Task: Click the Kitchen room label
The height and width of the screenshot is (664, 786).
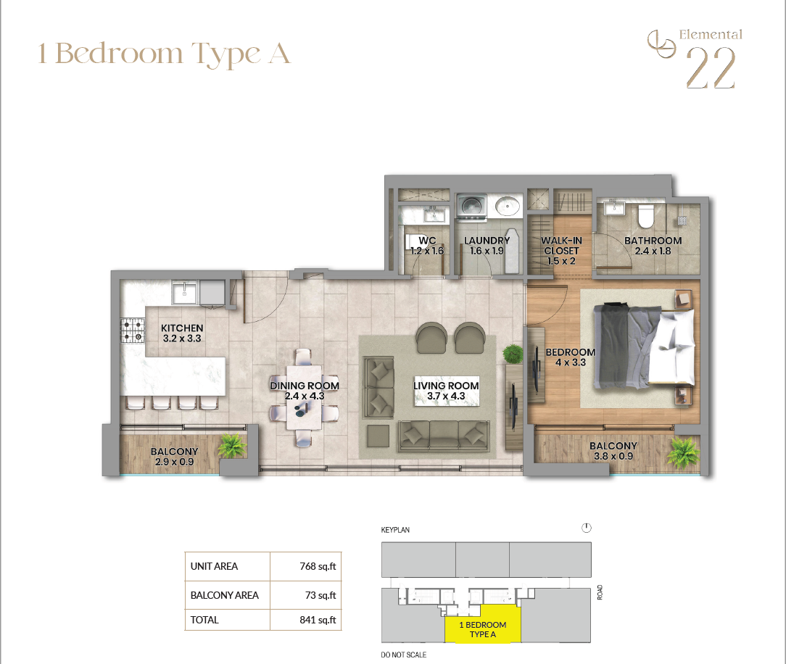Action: coord(182,333)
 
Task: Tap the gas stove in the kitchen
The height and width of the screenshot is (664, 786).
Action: coord(133,331)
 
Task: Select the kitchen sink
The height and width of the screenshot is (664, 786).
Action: coord(184,293)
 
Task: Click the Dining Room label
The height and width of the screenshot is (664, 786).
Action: coord(305,391)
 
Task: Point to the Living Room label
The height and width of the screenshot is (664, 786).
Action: coord(446,391)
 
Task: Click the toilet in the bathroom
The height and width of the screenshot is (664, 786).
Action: coord(646,215)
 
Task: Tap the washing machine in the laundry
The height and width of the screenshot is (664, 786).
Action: coord(472,207)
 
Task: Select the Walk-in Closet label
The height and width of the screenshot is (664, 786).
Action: coord(561,251)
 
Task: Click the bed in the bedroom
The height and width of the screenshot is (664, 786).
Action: coord(644,346)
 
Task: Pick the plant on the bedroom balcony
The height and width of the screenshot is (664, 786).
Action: coord(683,452)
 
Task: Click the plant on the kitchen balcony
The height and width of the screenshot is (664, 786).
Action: coord(232,446)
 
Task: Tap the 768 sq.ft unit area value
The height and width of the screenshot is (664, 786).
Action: coord(318,566)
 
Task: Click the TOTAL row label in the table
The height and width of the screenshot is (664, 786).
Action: coord(204,620)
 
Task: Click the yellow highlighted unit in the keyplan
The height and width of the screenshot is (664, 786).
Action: coord(483,624)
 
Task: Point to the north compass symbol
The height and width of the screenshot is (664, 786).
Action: coord(587,528)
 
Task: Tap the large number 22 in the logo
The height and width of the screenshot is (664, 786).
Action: coord(711,68)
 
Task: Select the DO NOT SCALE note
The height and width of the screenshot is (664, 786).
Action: coord(404,655)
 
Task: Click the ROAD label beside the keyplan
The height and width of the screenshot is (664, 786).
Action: coord(600,592)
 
